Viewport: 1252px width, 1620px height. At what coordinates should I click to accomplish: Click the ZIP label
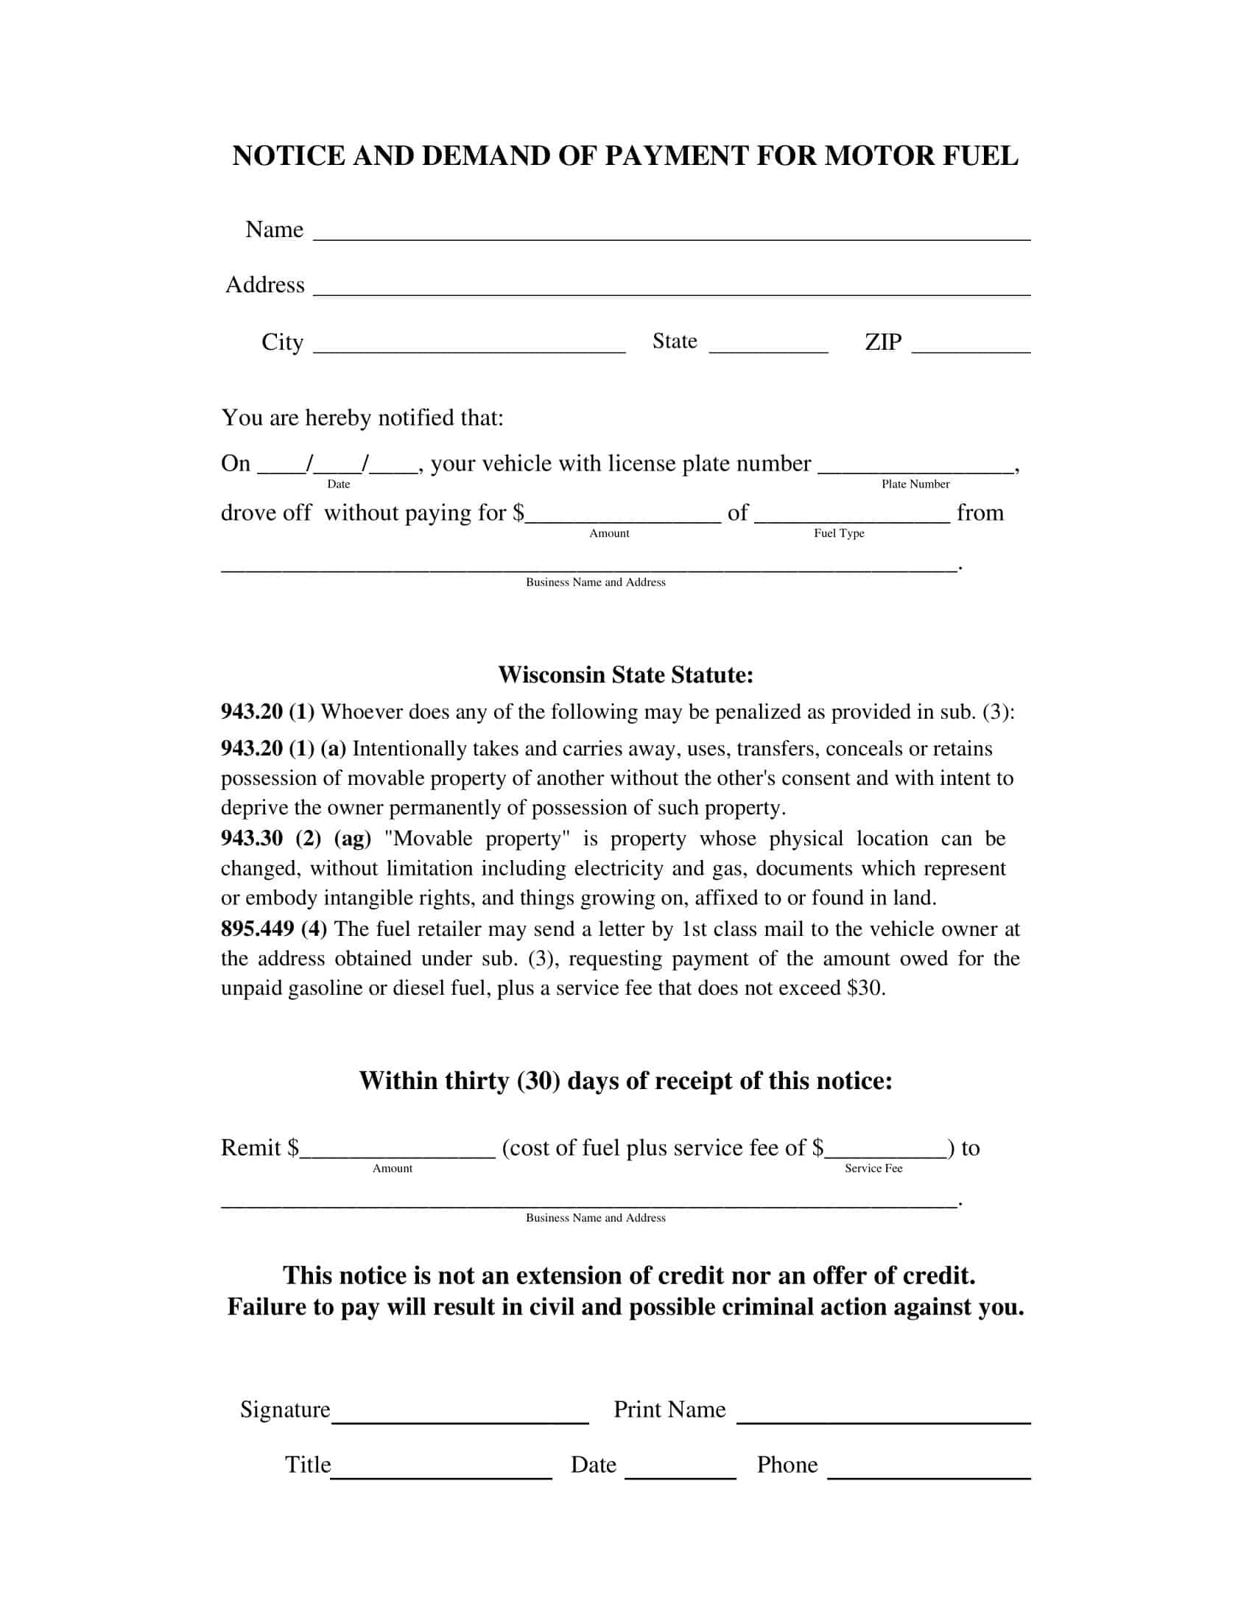click(x=882, y=342)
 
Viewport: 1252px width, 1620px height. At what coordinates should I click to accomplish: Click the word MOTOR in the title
click(x=868, y=156)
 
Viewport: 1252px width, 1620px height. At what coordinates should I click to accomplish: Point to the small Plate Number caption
click(x=915, y=484)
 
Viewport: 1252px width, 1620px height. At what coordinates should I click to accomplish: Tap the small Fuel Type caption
click(x=838, y=533)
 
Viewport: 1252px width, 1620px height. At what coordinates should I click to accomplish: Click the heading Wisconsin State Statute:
click(x=625, y=675)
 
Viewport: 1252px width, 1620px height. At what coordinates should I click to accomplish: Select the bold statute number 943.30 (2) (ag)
click(x=295, y=838)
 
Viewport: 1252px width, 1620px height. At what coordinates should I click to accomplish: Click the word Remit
click(x=250, y=1147)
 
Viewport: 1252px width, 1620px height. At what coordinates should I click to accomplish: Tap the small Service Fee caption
click(x=873, y=1169)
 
